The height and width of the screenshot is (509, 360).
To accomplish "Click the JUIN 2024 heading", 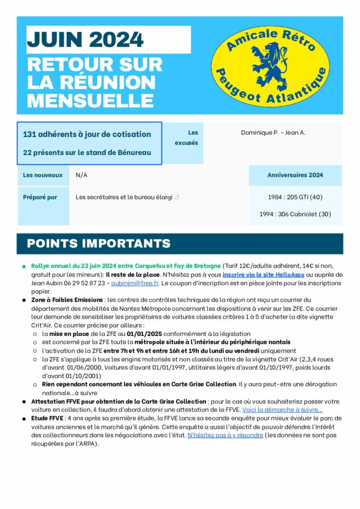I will (85, 39).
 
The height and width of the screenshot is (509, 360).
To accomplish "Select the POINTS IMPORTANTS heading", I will (98, 244).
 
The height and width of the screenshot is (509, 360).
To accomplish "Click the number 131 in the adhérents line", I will (30, 134).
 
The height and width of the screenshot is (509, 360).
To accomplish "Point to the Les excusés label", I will (187, 138).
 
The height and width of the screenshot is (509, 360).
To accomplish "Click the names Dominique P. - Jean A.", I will (273, 133).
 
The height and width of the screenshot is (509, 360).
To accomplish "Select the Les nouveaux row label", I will (43, 175).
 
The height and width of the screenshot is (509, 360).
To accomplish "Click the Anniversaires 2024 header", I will (295, 175).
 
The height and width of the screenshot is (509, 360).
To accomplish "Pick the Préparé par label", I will (40, 197).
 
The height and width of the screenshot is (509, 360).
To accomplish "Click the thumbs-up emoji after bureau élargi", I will (177, 197).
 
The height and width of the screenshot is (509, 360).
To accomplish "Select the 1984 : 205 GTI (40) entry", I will (295, 197).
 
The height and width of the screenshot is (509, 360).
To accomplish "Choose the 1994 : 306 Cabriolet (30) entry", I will (295, 214).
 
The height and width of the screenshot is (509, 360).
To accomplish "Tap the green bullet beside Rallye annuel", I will (23, 266).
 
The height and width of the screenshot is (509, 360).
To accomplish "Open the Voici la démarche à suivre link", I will (282, 410).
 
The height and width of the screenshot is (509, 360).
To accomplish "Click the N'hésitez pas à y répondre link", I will (225, 435).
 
